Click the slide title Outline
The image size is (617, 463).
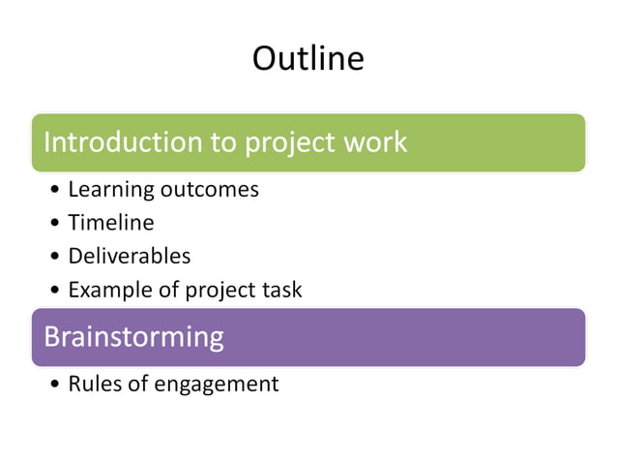pos(308,59)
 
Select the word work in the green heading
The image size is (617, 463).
pos(374,142)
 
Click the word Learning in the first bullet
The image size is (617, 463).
pos(106,190)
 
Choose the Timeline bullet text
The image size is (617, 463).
pos(110,223)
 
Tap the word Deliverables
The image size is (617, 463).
pos(129,256)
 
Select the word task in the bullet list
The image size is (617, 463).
pos(281,290)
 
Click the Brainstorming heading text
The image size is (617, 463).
pos(133,337)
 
